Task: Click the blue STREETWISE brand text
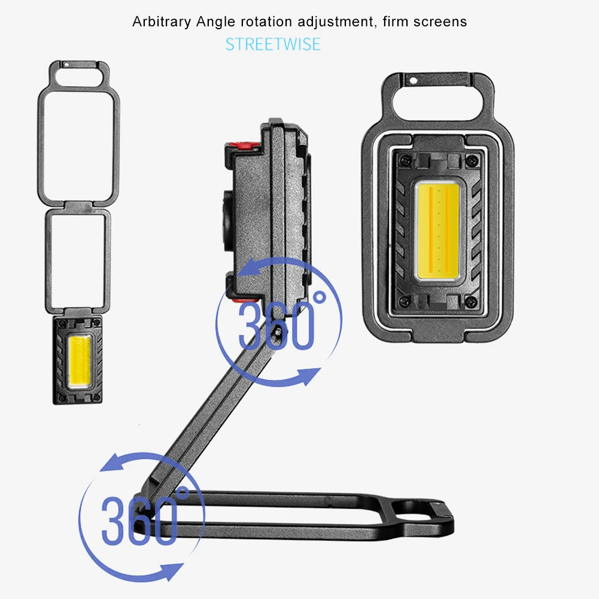pos(273,44)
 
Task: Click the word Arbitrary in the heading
pos(162,22)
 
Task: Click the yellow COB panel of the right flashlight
pos(437,231)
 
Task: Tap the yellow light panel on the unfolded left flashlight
pos(80,361)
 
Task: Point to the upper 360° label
pos(282,321)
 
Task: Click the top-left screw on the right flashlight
pos(406,161)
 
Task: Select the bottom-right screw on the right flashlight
pos(470,302)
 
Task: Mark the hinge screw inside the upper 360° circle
pos(278,332)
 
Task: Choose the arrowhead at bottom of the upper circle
pos(309,376)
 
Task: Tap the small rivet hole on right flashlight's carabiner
pos(413,81)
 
